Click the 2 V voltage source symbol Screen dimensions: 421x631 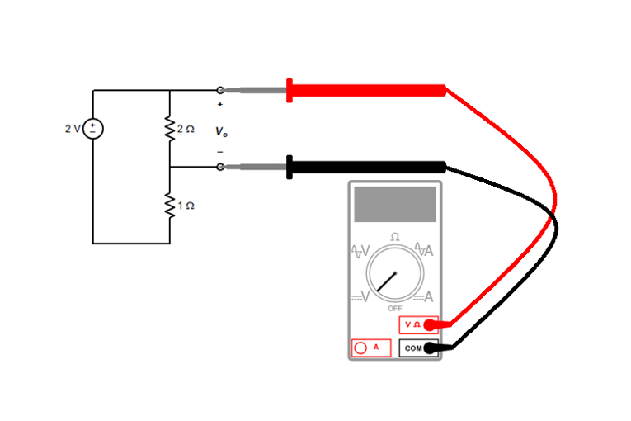(93, 129)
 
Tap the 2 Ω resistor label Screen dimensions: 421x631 (186, 129)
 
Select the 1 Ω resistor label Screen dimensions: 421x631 (186, 205)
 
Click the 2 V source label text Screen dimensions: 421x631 (73, 129)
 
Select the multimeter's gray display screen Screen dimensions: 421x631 (394, 203)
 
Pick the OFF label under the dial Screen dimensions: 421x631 (395, 308)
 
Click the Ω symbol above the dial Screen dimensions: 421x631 (395, 237)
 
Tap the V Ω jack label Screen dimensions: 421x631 (413, 324)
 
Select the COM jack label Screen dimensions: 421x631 (413, 348)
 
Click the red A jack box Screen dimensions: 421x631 (370, 348)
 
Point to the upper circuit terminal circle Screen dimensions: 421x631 (220, 90)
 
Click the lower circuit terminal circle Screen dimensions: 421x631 (220, 167)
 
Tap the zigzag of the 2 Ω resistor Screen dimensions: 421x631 (169, 129)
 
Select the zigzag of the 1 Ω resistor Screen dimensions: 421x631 (169, 205)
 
